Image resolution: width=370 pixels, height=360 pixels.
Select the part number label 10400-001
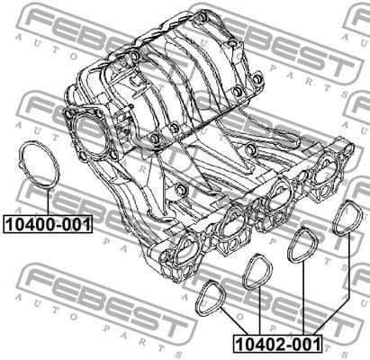[x=46, y=223]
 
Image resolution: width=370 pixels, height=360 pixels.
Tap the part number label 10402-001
[x=277, y=343]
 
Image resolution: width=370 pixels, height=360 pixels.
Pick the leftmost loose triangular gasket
[x=213, y=296]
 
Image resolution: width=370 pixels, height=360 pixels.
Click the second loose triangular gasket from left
[x=258, y=272]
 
